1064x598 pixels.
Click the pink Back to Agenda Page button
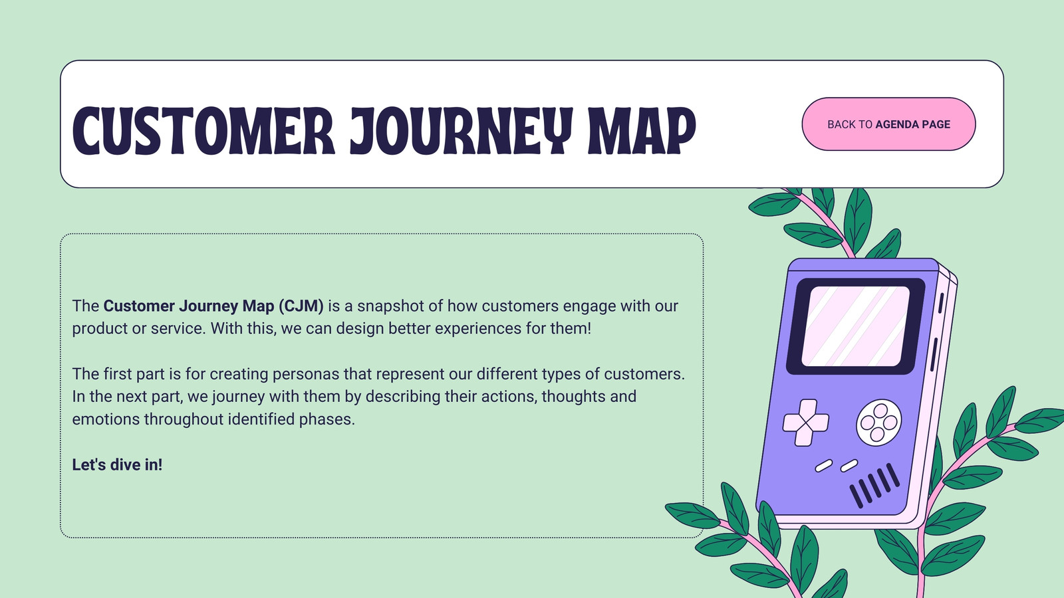888,124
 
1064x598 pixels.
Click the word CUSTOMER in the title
203,130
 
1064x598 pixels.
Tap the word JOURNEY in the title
462,130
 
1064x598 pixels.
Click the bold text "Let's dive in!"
117,464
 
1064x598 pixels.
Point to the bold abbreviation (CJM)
301,306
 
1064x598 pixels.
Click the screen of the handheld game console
855,326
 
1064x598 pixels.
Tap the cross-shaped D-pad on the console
806,423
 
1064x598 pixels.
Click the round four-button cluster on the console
878,423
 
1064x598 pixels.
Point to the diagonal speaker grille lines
874,485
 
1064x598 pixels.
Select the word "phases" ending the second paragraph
327,420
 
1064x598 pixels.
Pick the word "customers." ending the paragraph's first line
644,374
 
